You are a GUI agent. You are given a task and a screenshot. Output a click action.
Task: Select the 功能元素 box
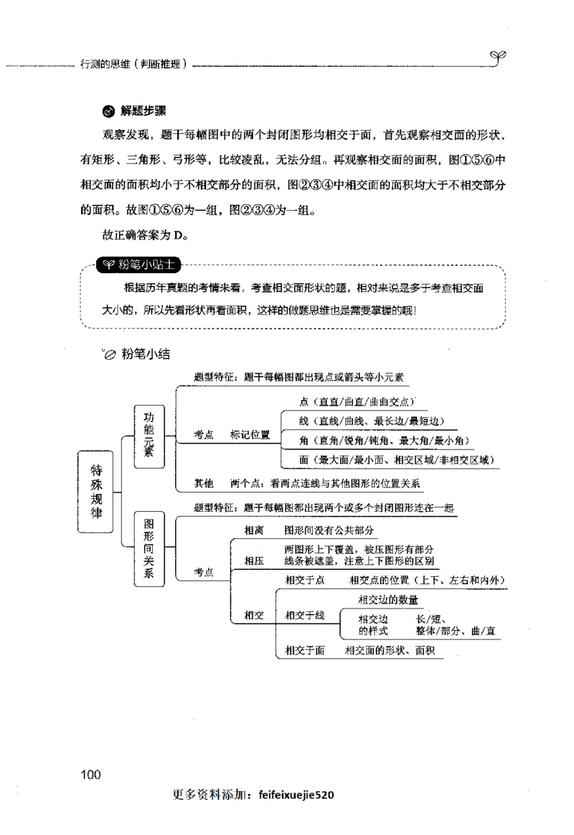[149, 435]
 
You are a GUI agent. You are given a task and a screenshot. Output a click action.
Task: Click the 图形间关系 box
[149, 548]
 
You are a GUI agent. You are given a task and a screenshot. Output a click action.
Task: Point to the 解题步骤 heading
[143, 111]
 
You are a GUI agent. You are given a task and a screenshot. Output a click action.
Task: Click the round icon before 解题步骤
[108, 112]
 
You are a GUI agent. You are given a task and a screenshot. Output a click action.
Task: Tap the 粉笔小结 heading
[146, 353]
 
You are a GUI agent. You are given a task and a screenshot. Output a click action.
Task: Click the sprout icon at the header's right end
[499, 56]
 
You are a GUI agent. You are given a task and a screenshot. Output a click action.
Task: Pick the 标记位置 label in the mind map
[250, 435]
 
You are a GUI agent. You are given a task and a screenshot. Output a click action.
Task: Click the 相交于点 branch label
[305, 580]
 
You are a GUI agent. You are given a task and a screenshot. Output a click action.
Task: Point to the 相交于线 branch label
[305, 614]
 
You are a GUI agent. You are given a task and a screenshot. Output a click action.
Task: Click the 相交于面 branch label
[305, 650]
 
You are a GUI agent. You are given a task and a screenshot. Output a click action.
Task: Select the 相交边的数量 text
[387, 599]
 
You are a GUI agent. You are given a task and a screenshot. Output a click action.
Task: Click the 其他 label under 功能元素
[204, 484]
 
